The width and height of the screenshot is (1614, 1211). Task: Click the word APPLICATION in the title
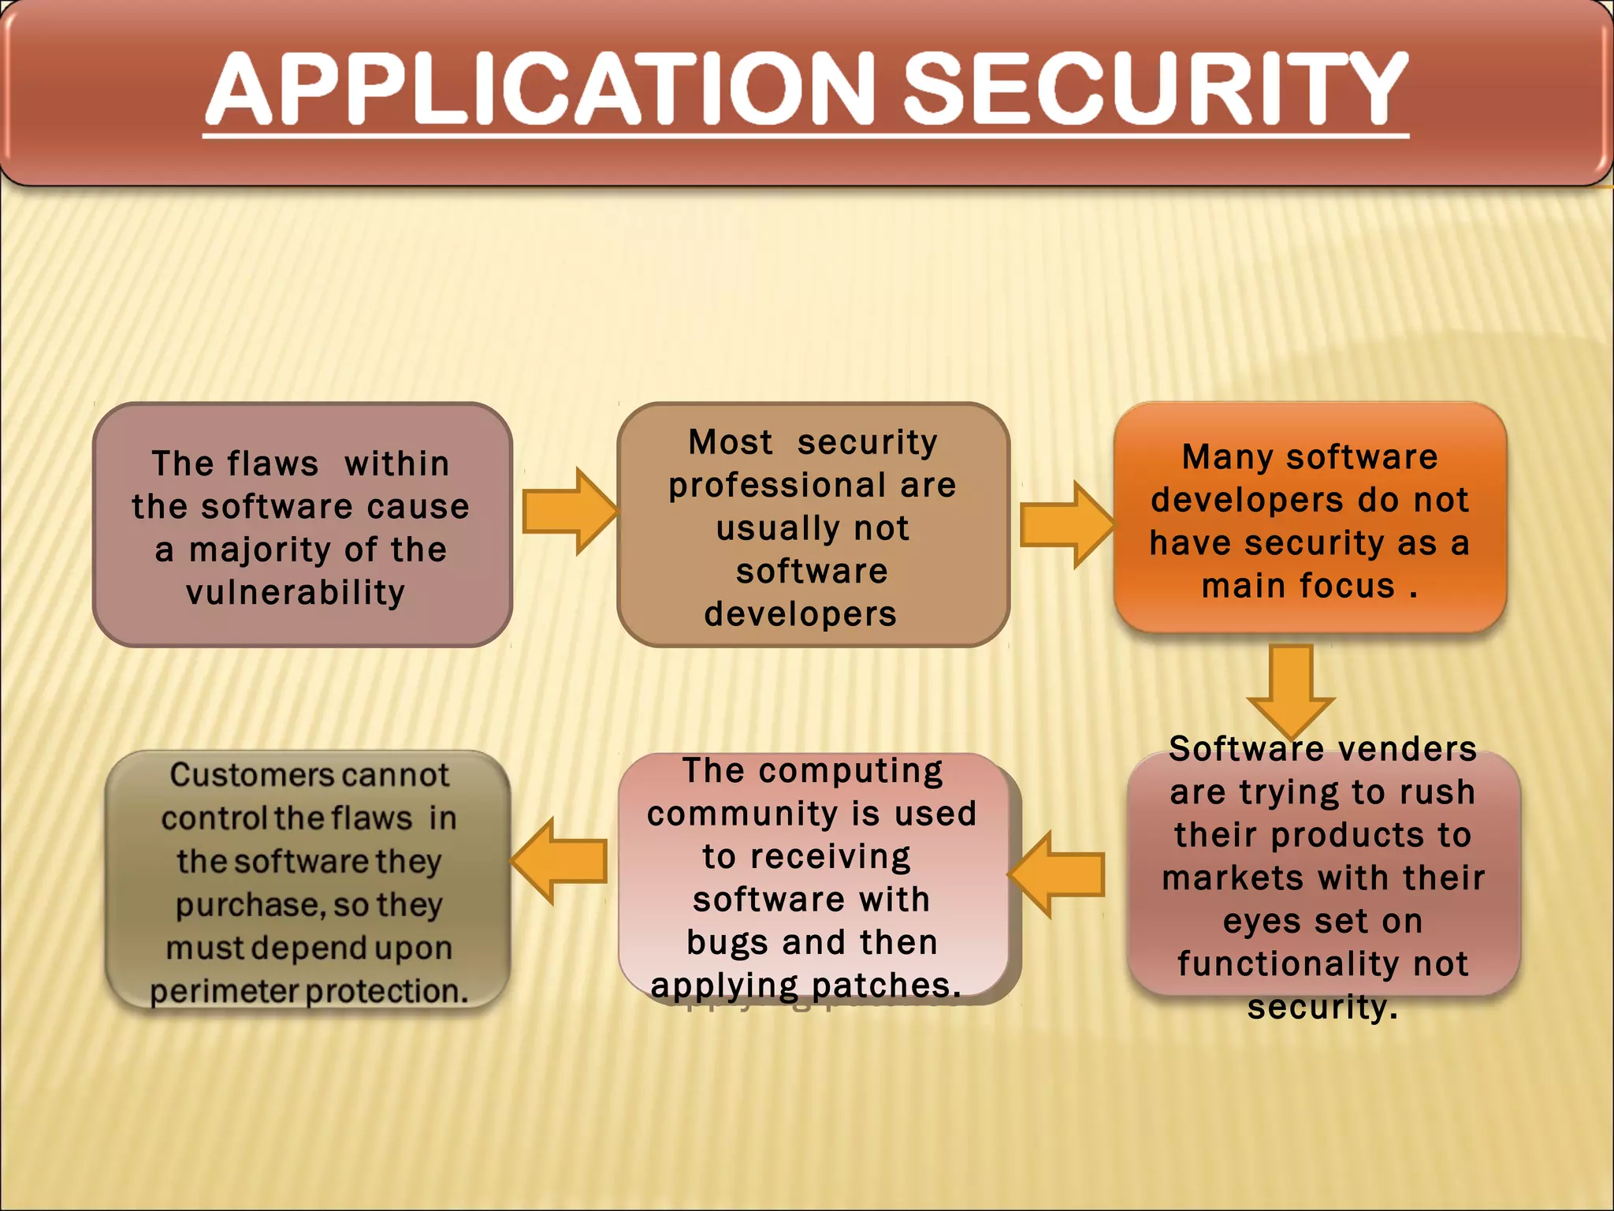point(541,88)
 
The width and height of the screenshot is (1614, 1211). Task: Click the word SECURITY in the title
point(1155,88)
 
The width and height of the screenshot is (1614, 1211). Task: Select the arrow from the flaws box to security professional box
point(569,511)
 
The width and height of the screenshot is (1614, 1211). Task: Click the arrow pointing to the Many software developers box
point(1066,525)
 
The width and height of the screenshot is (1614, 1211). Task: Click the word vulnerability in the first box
point(296,592)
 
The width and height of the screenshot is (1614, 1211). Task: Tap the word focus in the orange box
point(1347,586)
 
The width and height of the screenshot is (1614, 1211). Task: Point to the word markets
point(1233,878)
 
